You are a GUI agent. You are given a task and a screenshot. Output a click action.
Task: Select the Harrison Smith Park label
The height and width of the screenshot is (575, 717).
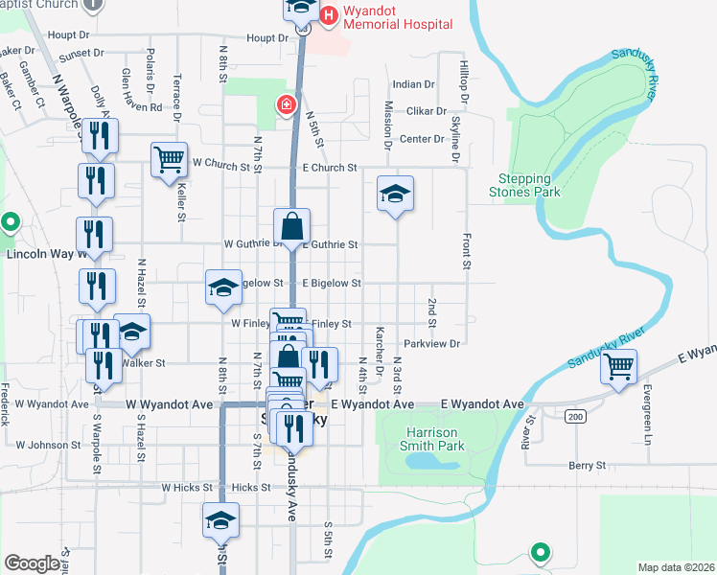tap(425, 439)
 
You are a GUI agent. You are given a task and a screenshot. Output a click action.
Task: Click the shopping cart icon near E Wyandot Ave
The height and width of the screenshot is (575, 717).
tap(618, 366)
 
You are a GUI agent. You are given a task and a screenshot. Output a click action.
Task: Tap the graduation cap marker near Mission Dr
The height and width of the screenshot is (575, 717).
tap(394, 194)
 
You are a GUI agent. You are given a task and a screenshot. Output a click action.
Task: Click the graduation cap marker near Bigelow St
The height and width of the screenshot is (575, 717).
tap(223, 287)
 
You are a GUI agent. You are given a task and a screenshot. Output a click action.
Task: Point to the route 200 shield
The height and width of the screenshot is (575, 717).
tap(574, 416)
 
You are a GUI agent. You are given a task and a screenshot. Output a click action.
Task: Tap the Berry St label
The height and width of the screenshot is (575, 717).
tap(588, 465)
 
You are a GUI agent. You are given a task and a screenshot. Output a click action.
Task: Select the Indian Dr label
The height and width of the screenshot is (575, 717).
tap(413, 84)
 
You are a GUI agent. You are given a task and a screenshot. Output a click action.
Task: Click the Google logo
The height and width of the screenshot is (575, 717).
tap(32, 563)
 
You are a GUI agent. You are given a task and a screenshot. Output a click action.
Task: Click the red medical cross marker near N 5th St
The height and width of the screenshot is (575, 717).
tap(285, 105)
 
